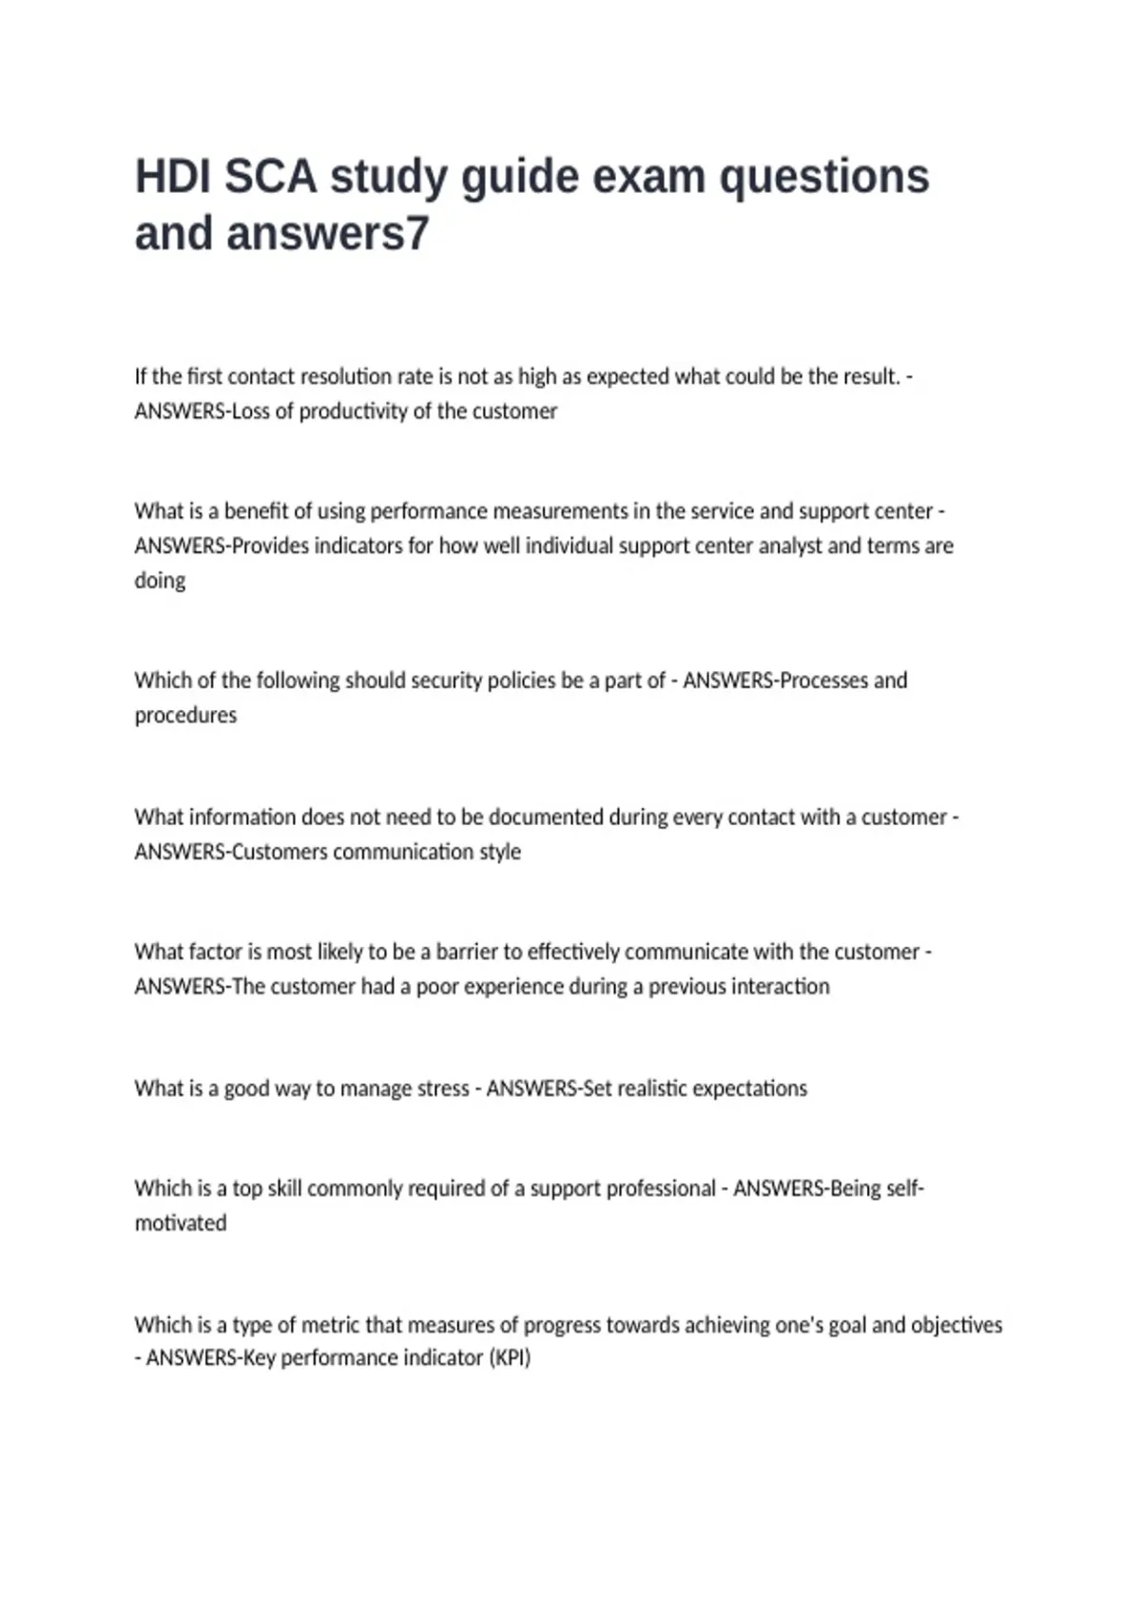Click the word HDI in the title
172,178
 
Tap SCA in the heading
270,178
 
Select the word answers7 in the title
328,234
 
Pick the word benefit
256,511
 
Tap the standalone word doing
160,581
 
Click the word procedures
185,715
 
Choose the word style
500,852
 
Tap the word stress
443,1088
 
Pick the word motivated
181,1223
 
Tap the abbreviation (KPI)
510,1357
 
